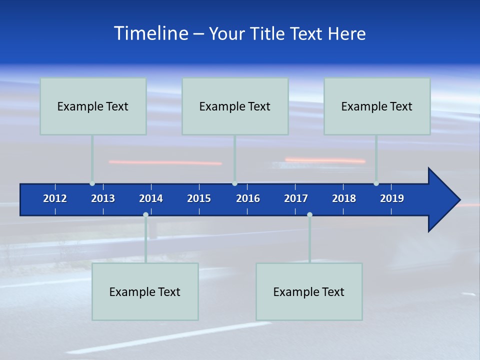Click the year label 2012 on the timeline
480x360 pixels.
pyautogui.click(x=55, y=198)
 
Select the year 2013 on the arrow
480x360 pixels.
pyautogui.click(x=103, y=198)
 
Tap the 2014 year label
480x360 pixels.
pyautogui.click(x=151, y=198)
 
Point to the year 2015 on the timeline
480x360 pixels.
pyautogui.click(x=199, y=198)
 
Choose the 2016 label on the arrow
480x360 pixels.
pyautogui.click(x=248, y=198)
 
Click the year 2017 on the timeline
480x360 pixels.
pyautogui.click(x=296, y=198)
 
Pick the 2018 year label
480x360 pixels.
pyautogui.click(x=344, y=198)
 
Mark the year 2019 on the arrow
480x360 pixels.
pyautogui.click(x=392, y=198)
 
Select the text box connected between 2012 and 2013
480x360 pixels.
pyautogui.click(x=93, y=106)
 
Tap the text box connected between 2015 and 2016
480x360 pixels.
pyautogui.click(x=235, y=106)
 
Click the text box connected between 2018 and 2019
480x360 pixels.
pyautogui.click(x=377, y=106)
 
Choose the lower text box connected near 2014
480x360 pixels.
pyautogui.click(x=145, y=291)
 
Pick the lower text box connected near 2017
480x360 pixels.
pyautogui.click(x=309, y=291)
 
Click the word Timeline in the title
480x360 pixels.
pyautogui.click(x=151, y=33)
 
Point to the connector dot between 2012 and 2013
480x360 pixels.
pyautogui.click(x=92, y=183)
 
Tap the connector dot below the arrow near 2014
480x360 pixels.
pyautogui.click(x=145, y=215)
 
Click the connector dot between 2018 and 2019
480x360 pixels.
pyautogui.click(x=376, y=183)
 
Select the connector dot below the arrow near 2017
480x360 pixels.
pyautogui.click(x=309, y=215)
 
